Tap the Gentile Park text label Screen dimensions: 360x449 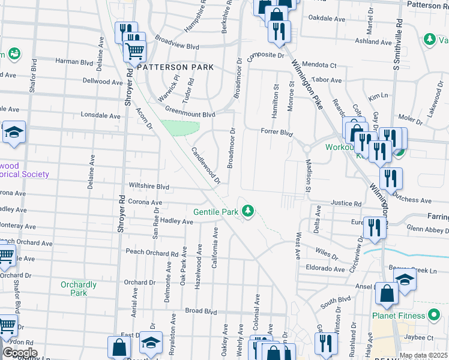[216, 212]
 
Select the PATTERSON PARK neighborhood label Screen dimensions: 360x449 [175, 68]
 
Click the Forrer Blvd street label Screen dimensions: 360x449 [276, 132]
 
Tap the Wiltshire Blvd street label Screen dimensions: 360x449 [147, 187]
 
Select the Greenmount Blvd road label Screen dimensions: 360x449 [190, 114]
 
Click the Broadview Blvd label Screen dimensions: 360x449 [176, 46]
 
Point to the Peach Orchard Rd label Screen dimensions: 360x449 [152, 253]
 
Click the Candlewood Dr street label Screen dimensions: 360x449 [206, 165]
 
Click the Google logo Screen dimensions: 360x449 [20, 353]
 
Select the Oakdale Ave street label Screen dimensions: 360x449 [327, 19]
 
